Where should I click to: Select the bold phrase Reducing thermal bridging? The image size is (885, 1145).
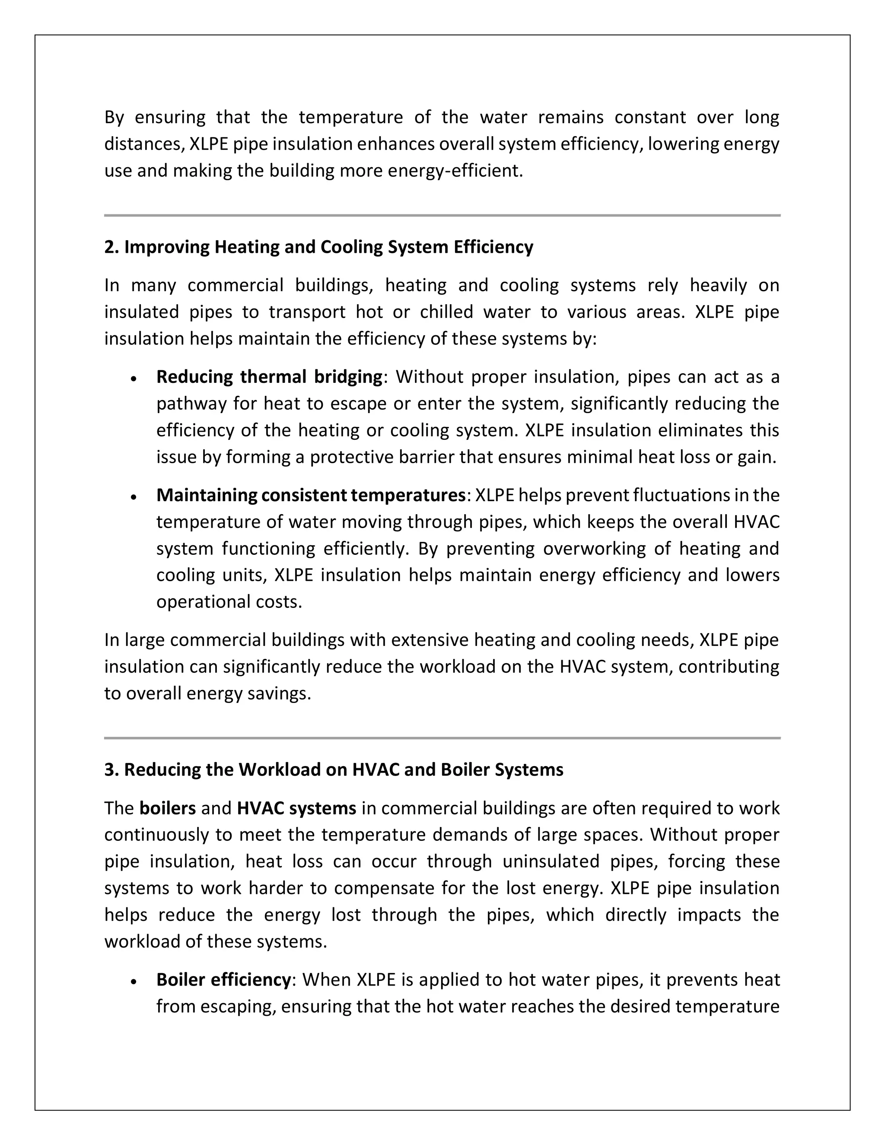[269, 377]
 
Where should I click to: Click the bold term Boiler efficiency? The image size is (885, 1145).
[223, 980]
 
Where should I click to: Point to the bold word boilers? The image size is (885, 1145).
[167, 808]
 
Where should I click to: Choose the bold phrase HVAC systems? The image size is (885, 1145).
[296, 808]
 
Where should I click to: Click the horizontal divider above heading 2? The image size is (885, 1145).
[442, 216]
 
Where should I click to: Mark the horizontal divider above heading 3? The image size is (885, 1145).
[442, 738]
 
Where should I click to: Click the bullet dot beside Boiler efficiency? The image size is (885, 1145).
[134, 981]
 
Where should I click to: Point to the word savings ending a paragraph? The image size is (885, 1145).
[283, 693]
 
